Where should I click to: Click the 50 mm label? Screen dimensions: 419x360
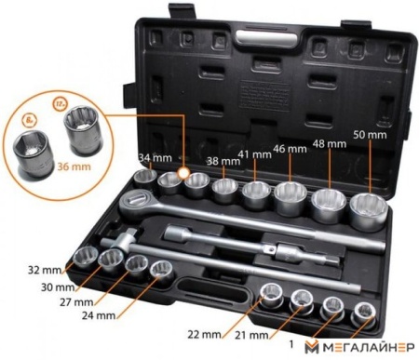coord(372,136)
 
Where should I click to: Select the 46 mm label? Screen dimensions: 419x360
coord(291,148)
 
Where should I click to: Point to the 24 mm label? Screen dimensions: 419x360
coord(101,314)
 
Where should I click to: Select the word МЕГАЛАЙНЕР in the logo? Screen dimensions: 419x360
coord(366,348)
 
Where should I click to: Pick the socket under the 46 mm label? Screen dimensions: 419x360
coord(288,195)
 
